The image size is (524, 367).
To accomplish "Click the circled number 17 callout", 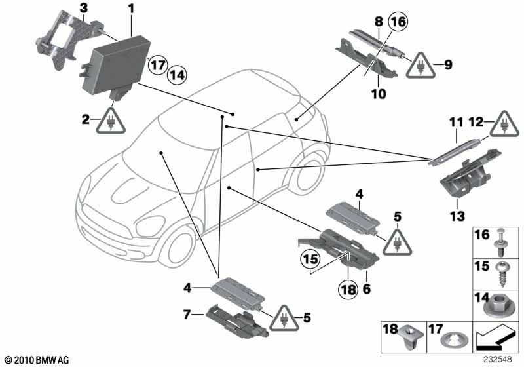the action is [x=157, y=65].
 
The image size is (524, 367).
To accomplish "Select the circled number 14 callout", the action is [x=177, y=75].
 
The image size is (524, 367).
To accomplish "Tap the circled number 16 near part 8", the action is [x=398, y=22].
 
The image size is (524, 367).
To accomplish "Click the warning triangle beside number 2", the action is [x=111, y=121].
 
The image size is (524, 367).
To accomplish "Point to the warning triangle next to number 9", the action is [x=421, y=66].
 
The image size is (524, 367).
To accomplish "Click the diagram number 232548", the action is [x=498, y=360].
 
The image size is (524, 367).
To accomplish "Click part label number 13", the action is [x=457, y=216].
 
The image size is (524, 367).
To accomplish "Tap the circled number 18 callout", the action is [x=348, y=289].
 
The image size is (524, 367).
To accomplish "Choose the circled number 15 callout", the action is [x=310, y=259].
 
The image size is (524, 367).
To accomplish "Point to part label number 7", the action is [x=187, y=315].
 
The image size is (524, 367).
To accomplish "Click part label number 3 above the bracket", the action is [x=84, y=9].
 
